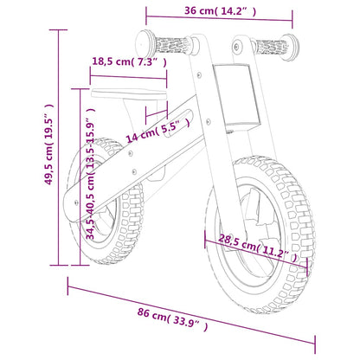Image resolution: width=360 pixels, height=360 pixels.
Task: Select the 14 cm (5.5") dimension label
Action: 154,131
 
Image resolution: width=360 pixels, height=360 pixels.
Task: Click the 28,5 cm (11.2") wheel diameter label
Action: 258,249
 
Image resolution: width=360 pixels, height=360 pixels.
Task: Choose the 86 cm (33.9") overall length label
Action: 171,323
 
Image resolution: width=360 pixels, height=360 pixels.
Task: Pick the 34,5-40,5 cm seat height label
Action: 90,173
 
